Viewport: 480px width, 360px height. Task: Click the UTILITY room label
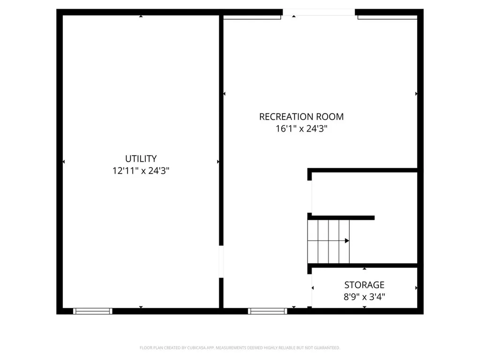click(141, 159)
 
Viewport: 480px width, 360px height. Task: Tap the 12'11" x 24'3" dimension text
click(141, 171)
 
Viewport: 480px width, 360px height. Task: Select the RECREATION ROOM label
click(301, 117)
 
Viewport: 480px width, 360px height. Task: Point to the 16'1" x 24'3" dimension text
click(301, 129)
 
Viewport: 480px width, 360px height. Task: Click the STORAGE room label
click(364, 285)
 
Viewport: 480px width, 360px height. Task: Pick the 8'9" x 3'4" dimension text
click(364, 296)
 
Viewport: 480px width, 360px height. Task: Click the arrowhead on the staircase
click(347, 240)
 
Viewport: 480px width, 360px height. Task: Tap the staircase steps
click(328, 241)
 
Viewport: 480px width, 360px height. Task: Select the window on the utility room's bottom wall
click(93, 311)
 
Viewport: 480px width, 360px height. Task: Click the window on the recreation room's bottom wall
click(268, 311)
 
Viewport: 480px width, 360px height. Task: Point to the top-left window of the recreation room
click(252, 17)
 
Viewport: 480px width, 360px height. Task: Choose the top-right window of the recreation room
click(387, 17)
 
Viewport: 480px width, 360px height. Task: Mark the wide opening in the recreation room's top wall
click(319, 13)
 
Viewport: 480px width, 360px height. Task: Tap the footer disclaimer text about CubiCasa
click(240, 348)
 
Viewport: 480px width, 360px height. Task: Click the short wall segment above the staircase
click(341, 217)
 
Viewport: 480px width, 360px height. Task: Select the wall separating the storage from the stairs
click(364, 265)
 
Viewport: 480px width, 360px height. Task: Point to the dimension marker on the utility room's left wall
click(63, 162)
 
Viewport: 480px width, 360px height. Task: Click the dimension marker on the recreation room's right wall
click(416, 94)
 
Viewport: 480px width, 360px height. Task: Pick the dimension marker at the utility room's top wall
click(141, 16)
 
